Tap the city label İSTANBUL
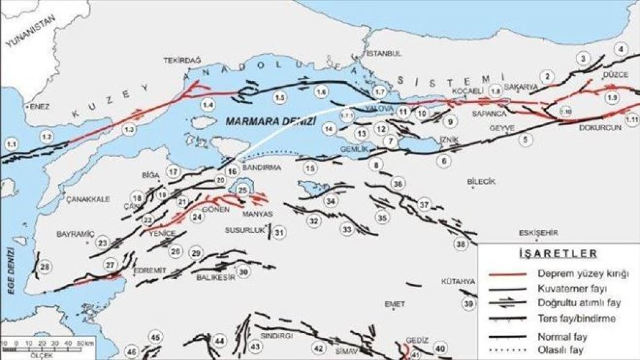383,53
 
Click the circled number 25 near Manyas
243,190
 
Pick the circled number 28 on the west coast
44,267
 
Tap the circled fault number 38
460,244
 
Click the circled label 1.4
208,105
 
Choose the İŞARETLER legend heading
557,253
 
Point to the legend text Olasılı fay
560,349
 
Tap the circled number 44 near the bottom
220,341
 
